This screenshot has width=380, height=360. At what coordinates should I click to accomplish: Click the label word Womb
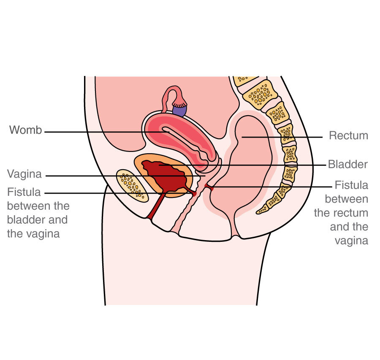coord(26,130)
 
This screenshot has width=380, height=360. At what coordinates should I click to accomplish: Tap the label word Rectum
coord(348,136)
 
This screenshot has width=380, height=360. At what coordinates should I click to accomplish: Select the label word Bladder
coord(348,165)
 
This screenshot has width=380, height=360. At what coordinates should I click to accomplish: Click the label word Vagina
coord(24,174)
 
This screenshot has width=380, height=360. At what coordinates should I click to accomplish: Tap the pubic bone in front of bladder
coord(132,185)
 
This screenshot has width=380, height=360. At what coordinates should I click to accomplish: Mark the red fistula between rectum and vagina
coord(208,187)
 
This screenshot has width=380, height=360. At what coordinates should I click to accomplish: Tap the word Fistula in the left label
coord(24,192)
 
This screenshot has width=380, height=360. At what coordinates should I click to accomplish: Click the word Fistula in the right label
coord(351,185)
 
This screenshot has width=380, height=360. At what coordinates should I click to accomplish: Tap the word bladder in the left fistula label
coord(26,220)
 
